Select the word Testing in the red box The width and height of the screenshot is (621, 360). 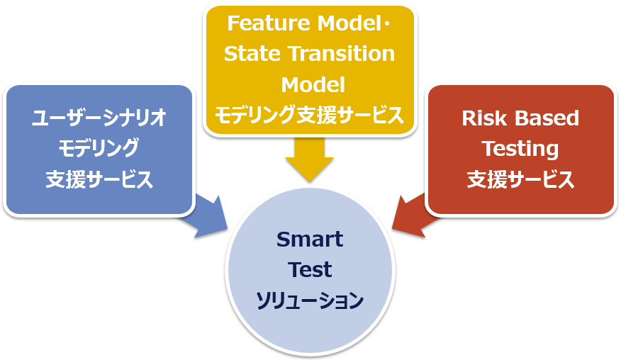tap(520, 149)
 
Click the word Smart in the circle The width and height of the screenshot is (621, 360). tap(310, 239)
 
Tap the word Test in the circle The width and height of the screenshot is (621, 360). tap(310, 270)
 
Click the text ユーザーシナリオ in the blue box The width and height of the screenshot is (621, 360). tap(99, 118)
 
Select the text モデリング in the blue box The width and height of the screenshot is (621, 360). tap(99, 149)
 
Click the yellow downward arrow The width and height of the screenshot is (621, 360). tap(309, 159)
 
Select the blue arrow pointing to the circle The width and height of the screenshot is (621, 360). tap(206, 216)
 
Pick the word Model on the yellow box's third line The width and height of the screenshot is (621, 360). tap(313, 85)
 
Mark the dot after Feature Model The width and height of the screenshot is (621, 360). tap(387, 24)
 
